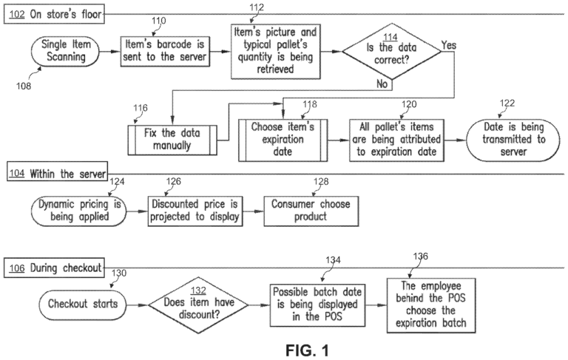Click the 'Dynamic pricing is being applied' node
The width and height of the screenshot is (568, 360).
(x=79, y=209)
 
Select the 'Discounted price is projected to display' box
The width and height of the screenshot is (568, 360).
(x=195, y=209)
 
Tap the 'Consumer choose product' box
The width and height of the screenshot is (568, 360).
(x=311, y=209)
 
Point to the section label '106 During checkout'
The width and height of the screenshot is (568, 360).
(x=53, y=267)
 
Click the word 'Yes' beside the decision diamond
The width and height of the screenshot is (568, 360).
(x=449, y=46)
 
